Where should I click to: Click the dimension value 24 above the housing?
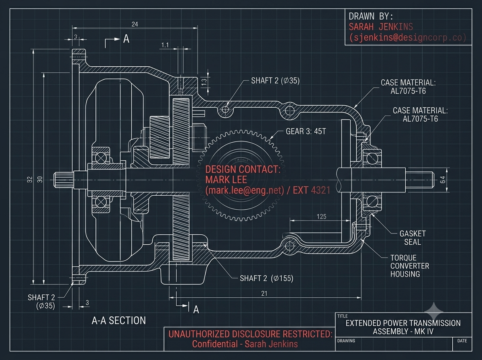135,24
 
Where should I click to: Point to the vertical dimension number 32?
30,180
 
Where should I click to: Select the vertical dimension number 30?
40,180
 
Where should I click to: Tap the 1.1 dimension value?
165,45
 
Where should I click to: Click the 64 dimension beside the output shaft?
443,180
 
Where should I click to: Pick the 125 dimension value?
321,217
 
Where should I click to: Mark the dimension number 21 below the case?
264,293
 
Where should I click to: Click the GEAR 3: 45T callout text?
306,131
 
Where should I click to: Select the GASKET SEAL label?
413,238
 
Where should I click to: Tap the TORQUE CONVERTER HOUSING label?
410,266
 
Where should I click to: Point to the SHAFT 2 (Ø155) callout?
266,278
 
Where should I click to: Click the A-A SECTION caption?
118,321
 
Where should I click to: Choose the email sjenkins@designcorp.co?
408,37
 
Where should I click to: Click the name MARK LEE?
226,180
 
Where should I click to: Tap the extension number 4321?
321,190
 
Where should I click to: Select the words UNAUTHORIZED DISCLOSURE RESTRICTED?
250,334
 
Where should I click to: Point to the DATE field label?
462,341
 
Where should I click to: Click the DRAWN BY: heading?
371,16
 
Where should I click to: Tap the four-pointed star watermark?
433,311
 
